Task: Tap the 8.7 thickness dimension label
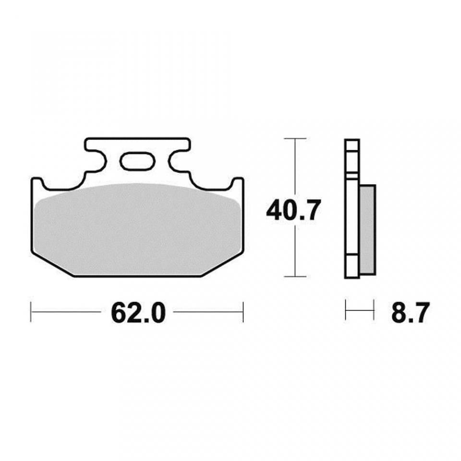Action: [410, 312]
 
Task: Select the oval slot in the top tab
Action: [137, 161]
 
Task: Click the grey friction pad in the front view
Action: [137, 230]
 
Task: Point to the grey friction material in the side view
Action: [367, 230]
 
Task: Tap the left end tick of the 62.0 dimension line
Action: [31, 312]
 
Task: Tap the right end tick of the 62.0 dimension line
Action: [243, 312]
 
